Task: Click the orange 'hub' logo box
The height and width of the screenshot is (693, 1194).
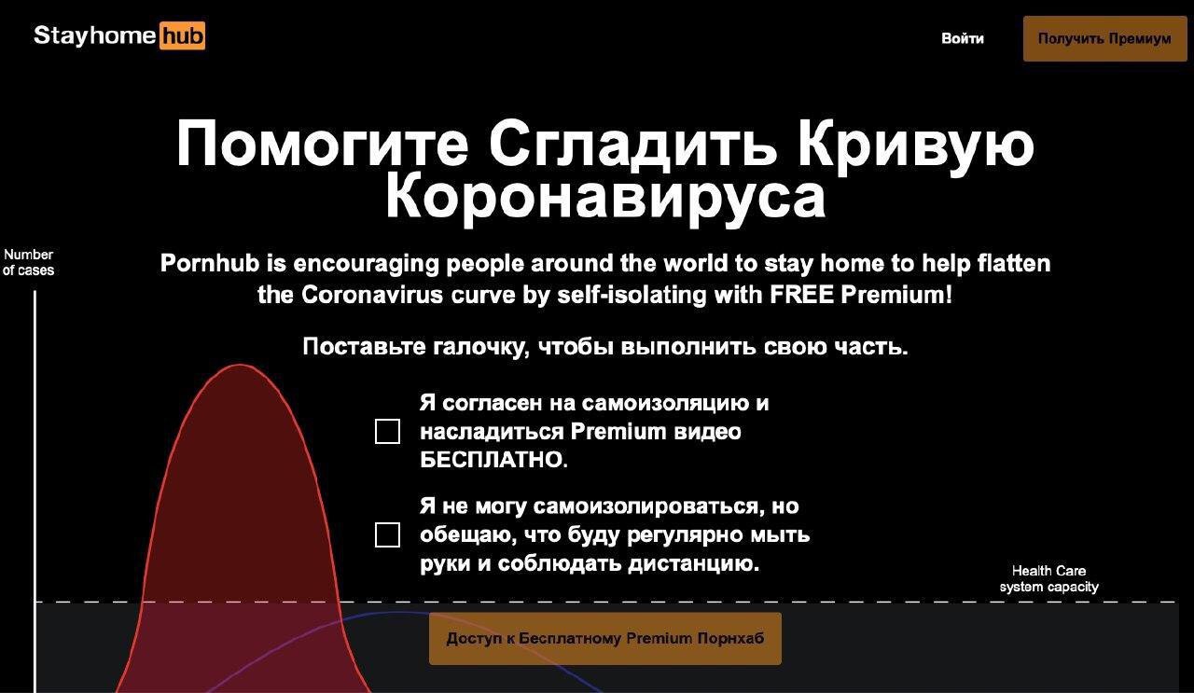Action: (182, 35)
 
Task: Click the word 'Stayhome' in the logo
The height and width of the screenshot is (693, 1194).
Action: (95, 35)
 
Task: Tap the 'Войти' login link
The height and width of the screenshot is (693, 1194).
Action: (962, 38)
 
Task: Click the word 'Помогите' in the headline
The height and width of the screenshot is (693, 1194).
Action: (323, 144)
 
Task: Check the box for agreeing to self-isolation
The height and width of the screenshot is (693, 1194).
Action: (387, 431)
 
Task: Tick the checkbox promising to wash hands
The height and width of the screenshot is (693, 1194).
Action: (387, 534)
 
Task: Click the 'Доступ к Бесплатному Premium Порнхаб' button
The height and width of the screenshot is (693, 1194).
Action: (605, 638)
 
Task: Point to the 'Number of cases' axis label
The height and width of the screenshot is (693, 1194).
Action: (29, 262)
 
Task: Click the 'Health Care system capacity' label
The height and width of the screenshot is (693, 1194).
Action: (1049, 579)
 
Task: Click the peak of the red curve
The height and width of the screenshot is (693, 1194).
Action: (240, 366)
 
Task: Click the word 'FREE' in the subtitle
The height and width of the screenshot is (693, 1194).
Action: (801, 295)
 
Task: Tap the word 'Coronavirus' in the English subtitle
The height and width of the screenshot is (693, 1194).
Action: (372, 295)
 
